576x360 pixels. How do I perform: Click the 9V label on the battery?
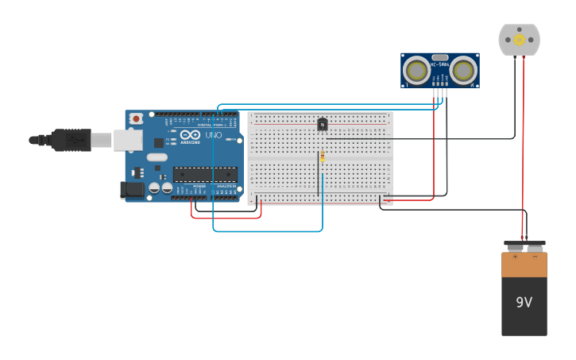pos(524,302)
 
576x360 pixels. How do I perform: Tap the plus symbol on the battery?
pos(514,257)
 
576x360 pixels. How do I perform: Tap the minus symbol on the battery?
pos(535,257)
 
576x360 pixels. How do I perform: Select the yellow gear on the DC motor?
pos(519,39)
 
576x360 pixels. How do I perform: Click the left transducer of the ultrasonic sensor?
pos(416,71)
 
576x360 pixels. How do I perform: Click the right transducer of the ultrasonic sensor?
pos(463,71)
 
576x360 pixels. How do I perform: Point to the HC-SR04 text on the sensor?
pos(439,64)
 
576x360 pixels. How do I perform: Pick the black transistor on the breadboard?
pos(322,124)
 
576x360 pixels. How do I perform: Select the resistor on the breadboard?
pos(322,158)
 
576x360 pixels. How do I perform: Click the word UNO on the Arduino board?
pos(214,135)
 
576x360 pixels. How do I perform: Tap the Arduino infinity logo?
pos(190,134)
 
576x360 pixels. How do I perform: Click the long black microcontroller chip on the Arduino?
pos(204,174)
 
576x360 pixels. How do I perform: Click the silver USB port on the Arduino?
pos(127,140)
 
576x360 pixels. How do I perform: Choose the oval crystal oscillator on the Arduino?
pos(157,157)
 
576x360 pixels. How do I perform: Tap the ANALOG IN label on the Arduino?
pos(226,186)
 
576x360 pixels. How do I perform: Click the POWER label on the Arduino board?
pos(199,186)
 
